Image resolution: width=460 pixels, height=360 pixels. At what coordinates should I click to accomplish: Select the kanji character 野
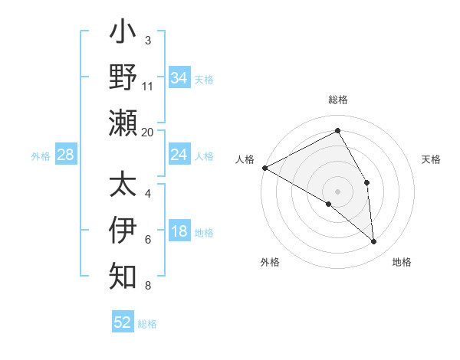point(123,78)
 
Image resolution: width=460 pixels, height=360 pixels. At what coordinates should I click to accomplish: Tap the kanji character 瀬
point(123,123)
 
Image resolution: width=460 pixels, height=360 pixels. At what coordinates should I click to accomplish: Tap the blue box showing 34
point(179,78)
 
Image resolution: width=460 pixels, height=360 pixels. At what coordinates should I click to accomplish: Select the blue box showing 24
point(179,155)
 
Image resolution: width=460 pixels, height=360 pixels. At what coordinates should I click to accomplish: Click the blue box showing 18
point(179,232)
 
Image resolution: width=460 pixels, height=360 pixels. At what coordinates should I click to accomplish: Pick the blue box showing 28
point(65,155)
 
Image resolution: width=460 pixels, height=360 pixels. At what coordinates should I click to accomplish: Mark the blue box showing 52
point(123,322)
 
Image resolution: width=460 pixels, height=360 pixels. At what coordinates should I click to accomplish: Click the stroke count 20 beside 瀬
point(148,132)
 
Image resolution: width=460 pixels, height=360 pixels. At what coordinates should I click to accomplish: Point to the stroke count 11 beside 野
point(148,86)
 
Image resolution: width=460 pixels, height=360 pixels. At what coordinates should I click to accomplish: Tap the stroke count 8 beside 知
point(147,286)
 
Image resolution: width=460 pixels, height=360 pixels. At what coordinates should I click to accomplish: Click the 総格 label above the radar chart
point(338,100)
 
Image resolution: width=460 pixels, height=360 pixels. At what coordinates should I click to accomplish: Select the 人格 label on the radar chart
point(245,159)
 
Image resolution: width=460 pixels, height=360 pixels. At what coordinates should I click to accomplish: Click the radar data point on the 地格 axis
point(373,242)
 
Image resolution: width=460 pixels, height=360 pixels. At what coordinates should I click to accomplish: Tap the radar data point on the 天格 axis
point(367,182)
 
